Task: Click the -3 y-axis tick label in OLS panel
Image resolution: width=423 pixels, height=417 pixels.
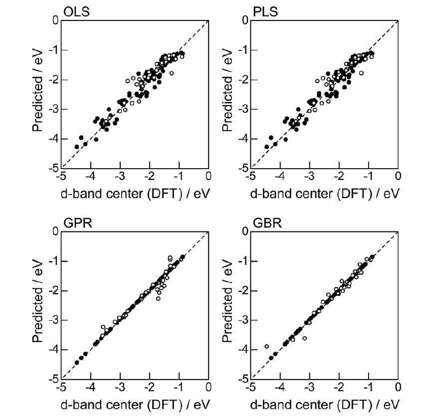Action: (51, 109)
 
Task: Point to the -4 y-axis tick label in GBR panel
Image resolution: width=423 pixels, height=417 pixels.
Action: (241, 350)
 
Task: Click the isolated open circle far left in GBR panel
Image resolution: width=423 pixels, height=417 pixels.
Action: (267, 346)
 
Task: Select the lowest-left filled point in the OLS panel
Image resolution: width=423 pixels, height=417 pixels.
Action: (77, 147)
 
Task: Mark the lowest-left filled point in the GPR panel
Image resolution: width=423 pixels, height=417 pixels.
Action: (77, 363)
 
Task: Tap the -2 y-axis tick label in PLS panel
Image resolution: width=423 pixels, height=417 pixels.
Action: (241, 80)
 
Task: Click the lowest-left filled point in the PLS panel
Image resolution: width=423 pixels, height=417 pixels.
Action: (266, 147)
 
